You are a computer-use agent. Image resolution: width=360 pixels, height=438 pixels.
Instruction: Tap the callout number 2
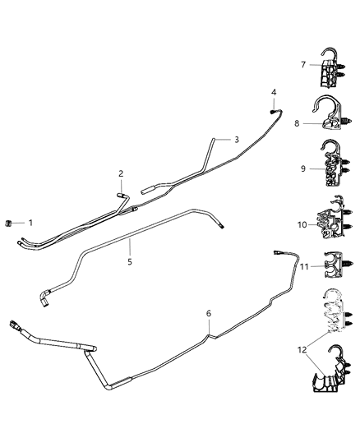pos(121,173)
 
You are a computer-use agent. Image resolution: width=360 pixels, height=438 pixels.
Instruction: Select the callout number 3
pos(236,140)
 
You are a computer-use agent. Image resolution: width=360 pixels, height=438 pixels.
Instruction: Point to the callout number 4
pos(274,91)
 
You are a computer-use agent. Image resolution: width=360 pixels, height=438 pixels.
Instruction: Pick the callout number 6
pos(209,313)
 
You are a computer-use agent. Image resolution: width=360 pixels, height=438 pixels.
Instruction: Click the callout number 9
pos(303,168)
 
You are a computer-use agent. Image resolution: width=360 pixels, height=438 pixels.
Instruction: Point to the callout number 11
pos(303,267)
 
